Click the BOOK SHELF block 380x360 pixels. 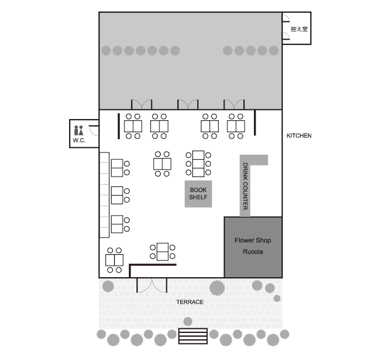click(198, 194)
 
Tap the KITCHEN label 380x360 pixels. click(299, 136)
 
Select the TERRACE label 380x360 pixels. click(190, 302)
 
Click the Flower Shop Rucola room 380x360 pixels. click(253, 247)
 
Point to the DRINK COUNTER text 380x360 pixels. click(245, 186)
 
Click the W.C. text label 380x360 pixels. click(79, 140)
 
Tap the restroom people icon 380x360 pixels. click(78, 130)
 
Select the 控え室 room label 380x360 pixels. click(299, 29)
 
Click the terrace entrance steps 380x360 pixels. click(193, 336)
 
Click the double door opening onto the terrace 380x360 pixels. click(152, 286)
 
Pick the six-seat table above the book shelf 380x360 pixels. click(198, 164)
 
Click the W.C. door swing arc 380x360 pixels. click(93, 132)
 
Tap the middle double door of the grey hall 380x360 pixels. click(188, 104)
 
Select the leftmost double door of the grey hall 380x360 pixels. click(142, 104)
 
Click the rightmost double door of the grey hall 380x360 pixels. click(234, 104)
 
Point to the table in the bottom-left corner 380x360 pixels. click(115, 260)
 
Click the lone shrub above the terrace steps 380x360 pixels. click(188, 321)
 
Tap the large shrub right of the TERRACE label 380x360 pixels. click(217, 288)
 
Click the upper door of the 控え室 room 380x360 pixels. click(286, 18)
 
